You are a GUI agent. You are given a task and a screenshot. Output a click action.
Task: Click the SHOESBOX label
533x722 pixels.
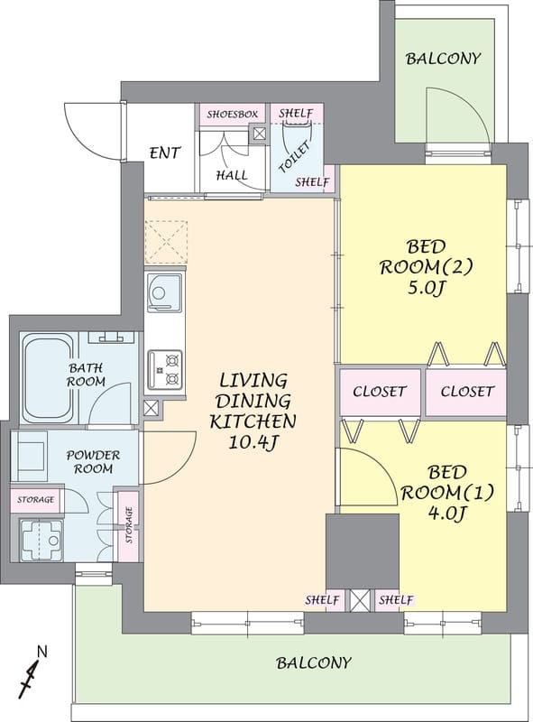coord(232,115)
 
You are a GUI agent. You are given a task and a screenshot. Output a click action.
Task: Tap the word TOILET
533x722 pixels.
coord(295,157)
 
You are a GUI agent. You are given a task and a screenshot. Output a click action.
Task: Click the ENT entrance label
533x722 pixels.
coord(165,153)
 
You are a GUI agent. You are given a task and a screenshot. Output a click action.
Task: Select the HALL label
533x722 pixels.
coord(232,175)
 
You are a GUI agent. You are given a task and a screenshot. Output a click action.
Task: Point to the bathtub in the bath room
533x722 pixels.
coord(48,377)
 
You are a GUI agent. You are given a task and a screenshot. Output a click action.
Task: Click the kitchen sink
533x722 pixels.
coord(164,292)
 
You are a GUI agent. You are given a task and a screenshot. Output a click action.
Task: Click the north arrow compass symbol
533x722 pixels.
coord(32,671)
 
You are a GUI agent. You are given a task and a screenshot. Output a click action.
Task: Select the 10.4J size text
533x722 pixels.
coord(253,442)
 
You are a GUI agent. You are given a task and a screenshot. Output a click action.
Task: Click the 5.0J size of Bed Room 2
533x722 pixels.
coord(426,289)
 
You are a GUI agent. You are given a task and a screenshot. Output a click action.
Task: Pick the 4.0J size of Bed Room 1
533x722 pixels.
coord(446,513)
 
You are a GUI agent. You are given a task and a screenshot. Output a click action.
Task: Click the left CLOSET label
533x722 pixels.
coord(380,392)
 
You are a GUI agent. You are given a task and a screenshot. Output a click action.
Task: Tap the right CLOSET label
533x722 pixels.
coord(467,392)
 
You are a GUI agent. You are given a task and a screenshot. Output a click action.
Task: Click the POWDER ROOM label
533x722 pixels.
coord(93,462)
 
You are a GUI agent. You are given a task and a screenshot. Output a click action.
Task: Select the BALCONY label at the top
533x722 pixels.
coord(443,59)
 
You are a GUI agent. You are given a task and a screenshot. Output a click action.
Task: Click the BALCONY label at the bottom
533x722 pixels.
coord(314,663)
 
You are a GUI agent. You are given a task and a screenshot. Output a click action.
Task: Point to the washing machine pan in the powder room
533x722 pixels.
coord(41,539)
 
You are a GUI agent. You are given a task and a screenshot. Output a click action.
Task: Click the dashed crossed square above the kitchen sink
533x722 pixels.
coord(166,242)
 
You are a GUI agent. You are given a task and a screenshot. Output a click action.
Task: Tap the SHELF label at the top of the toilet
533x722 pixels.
coord(296,113)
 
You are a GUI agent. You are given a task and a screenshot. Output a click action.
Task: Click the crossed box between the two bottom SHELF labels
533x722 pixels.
coord(360,600)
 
